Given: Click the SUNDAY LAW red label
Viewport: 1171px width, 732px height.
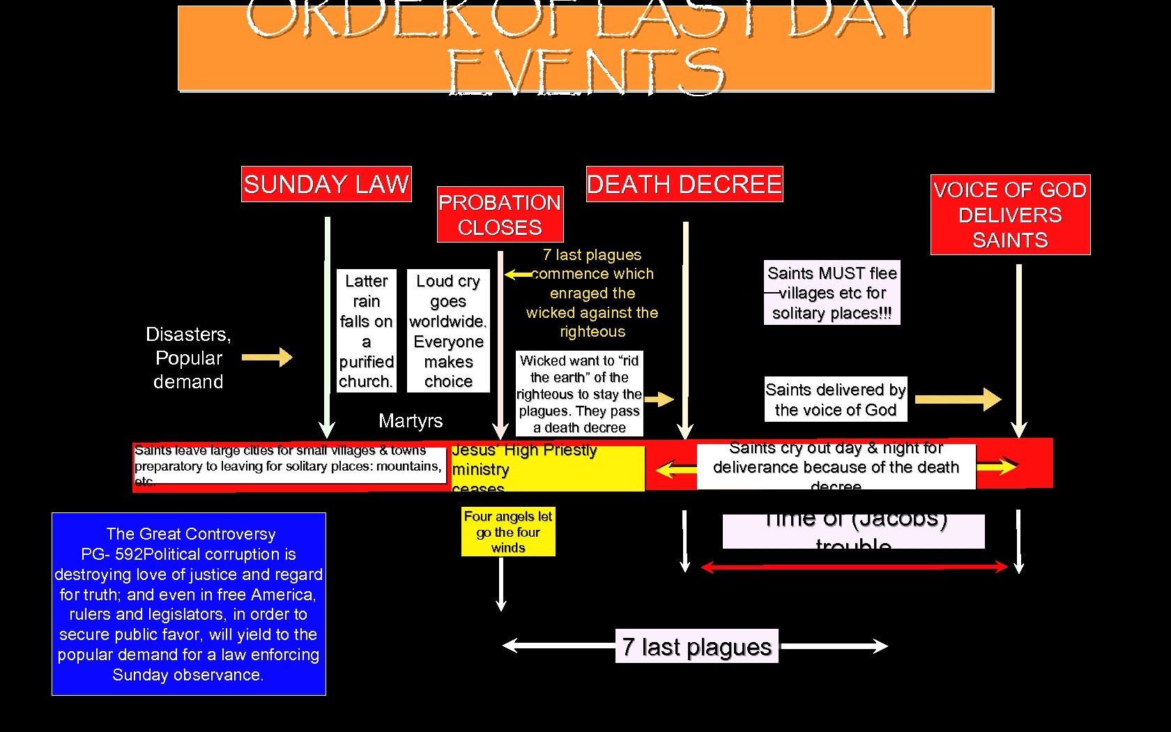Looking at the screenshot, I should click(x=326, y=184).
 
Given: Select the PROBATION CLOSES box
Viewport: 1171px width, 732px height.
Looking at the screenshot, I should click(x=500, y=215).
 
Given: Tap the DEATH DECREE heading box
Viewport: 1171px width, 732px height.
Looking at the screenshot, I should click(x=684, y=184).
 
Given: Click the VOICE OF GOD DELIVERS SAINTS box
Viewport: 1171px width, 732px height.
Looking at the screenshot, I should click(x=1010, y=215).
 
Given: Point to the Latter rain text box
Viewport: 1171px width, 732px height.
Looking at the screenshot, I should click(x=367, y=331).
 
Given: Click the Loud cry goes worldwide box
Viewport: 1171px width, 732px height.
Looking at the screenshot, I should click(x=448, y=331).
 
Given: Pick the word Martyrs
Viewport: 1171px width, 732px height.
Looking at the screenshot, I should click(x=411, y=420).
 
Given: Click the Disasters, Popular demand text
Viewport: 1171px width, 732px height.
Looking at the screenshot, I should click(x=188, y=358).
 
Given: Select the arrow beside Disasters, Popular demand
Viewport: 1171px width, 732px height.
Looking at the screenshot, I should click(x=267, y=357).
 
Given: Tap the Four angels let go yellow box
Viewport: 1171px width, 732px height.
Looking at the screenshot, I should click(x=508, y=532).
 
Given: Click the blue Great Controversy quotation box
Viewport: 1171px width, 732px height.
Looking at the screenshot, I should click(x=189, y=604).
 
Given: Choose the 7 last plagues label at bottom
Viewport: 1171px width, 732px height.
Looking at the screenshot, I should click(x=696, y=646).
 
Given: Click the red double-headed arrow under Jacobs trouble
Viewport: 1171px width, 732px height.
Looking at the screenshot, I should click(x=854, y=567).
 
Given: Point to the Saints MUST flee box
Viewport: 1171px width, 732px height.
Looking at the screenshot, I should click(x=832, y=293).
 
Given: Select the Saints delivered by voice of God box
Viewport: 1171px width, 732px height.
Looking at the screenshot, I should click(x=835, y=399).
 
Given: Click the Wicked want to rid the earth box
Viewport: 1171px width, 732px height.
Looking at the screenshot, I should click(x=579, y=394).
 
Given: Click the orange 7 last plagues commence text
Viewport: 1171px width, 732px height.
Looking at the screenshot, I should click(x=592, y=293).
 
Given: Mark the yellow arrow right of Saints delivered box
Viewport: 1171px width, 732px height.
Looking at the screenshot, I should click(x=958, y=399).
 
